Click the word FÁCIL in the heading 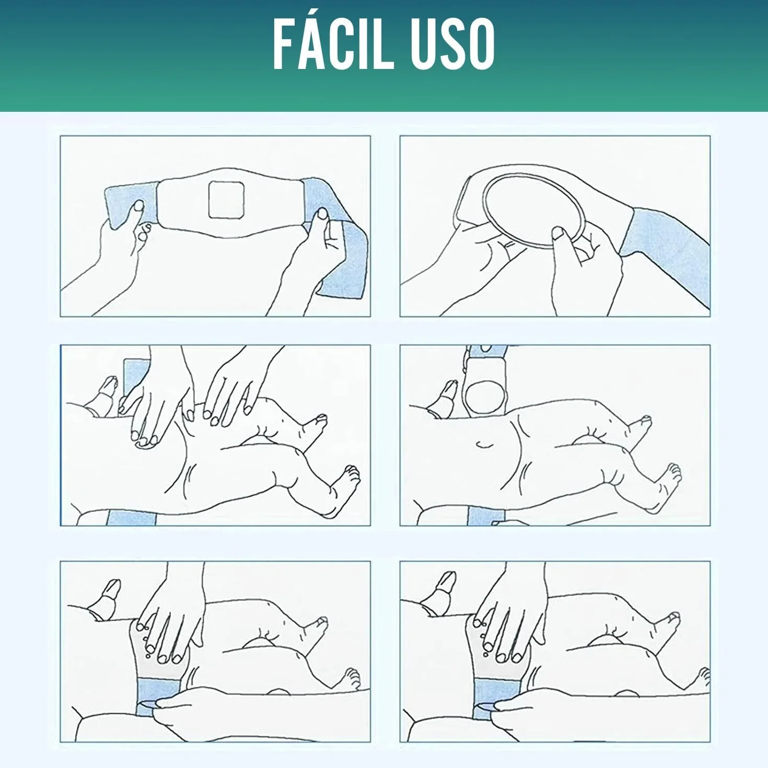click(x=333, y=44)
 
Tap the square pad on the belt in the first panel click(x=226, y=200)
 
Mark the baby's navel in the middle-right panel click(x=484, y=444)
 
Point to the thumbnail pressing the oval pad click(x=557, y=233)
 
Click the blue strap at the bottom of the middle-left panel click(x=131, y=518)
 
